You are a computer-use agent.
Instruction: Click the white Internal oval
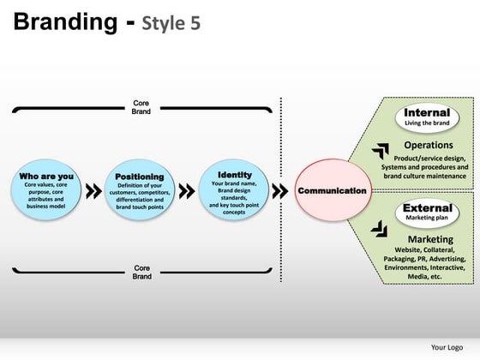coord(427,117)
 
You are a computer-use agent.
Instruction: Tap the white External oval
coord(427,212)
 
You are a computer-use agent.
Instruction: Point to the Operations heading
coord(428,146)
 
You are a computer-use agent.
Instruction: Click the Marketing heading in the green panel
coord(430,239)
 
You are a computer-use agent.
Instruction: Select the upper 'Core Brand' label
coord(141,107)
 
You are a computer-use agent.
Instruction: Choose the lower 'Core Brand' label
coord(141,272)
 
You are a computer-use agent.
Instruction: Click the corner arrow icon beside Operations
coord(380,152)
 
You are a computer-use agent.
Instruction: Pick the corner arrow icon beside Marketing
coord(379,229)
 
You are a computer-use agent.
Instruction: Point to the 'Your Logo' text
coord(447,347)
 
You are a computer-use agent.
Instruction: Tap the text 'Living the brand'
coord(427,123)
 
